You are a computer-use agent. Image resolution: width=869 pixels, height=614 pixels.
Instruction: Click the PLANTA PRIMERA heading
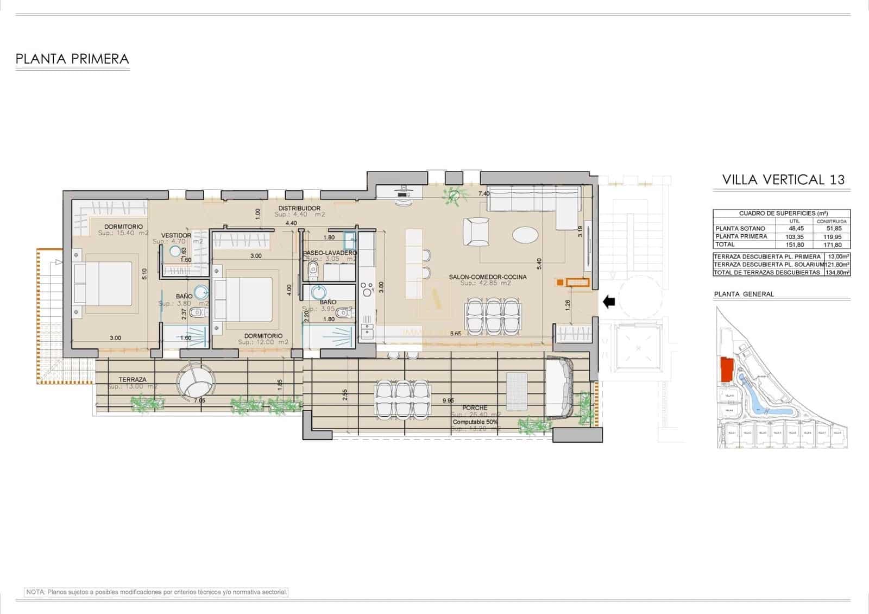[72, 59]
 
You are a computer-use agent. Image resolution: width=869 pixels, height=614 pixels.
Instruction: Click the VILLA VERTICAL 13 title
[783, 179]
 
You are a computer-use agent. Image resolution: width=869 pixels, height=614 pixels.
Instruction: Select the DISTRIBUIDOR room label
[299, 208]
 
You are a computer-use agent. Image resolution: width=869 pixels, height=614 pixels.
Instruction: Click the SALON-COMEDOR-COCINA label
[487, 277]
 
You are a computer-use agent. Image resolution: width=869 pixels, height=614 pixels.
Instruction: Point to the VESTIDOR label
[176, 235]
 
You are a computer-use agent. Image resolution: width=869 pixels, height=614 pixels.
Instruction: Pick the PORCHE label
[475, 408]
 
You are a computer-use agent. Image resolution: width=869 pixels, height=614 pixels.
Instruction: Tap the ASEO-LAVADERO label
[330, 253]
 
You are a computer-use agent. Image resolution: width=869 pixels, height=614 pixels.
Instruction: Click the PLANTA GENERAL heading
[744, 294]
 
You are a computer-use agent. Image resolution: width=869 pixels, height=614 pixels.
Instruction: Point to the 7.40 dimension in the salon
[483, 193]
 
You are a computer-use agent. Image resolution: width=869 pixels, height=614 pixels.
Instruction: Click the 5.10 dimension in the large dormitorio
[144, 275]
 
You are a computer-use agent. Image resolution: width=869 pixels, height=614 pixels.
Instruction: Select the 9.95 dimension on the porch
[448, 400]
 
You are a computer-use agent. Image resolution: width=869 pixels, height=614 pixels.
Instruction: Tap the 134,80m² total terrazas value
[837, 273]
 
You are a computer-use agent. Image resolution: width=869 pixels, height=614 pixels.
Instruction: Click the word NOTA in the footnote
[36, 592]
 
